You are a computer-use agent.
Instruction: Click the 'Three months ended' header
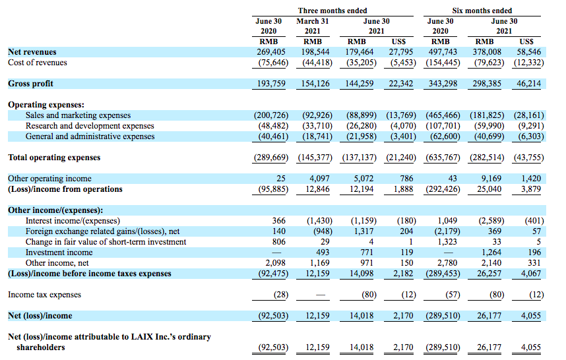point(332,11)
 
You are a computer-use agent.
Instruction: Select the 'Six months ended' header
point(483,11)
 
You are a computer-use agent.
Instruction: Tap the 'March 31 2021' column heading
point(313,26)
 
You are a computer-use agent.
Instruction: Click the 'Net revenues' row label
point(32,51)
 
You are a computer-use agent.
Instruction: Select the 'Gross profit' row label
point(30,84)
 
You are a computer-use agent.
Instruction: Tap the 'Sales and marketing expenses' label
point(78,115)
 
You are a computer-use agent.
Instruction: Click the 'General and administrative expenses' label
point(90,136)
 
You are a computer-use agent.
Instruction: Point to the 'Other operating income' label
point(49,179)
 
